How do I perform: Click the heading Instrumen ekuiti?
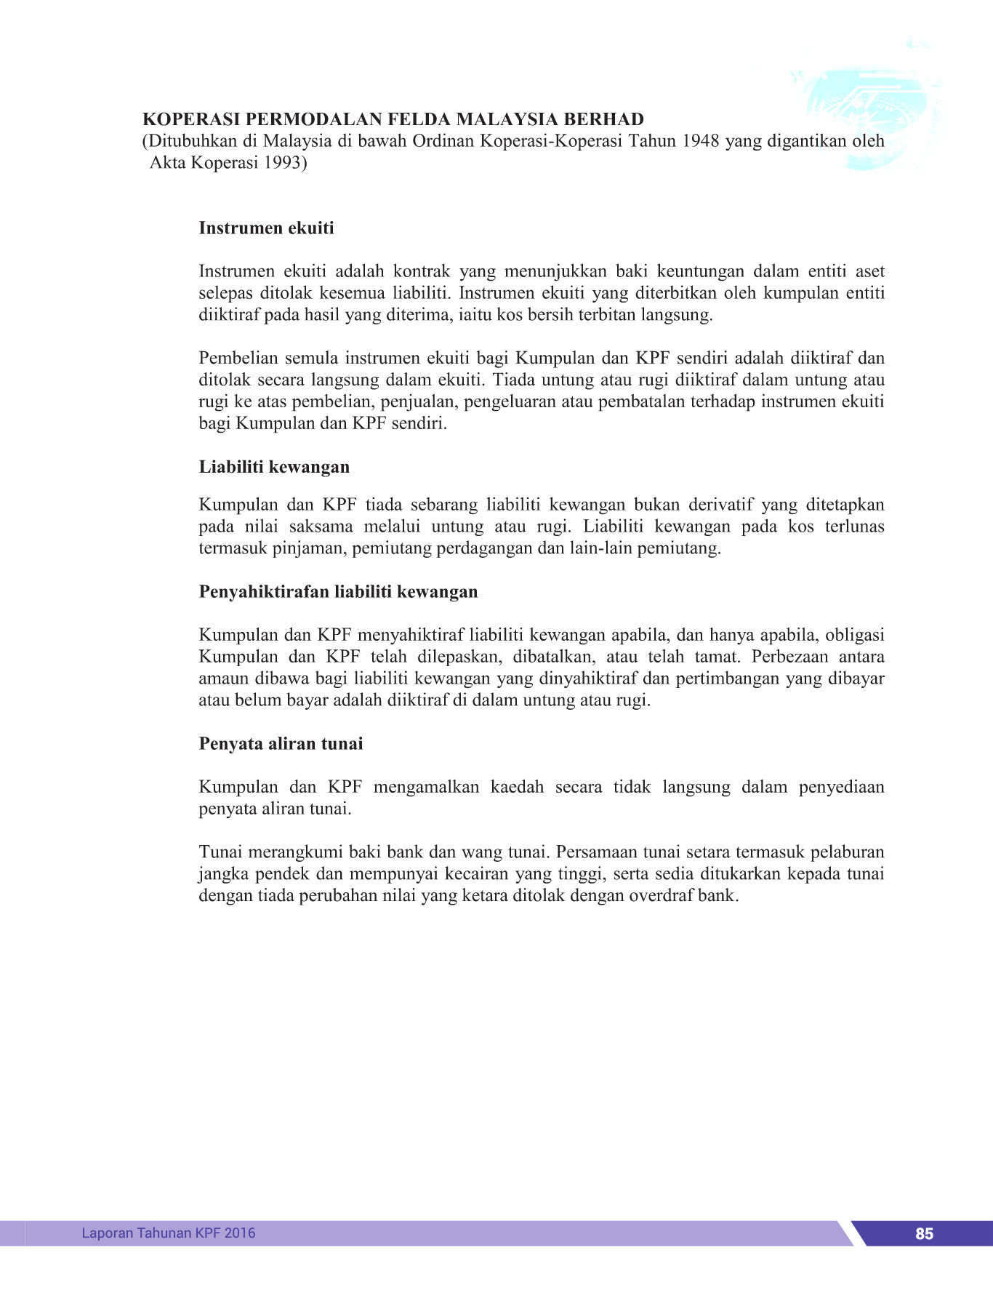pos(266,228)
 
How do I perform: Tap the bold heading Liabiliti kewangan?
pos(274,467)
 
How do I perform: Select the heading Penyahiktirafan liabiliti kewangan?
pos(338,592)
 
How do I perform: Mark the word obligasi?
pos(855,635)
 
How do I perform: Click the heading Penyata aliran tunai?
pos(281,744)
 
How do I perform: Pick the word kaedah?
pos(517,787)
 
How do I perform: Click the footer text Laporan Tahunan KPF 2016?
pos(169,1233)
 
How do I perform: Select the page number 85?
pos(924,1233)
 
